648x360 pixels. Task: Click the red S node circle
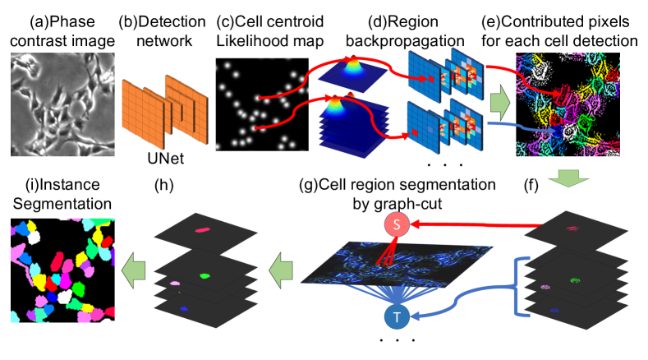coord(397,224)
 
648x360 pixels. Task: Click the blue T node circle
coord(397,317)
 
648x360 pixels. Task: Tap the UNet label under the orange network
coord(166,159)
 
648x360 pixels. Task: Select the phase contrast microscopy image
coord(62,104)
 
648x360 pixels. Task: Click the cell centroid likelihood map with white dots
coord(262,104)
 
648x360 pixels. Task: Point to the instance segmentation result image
coord(62,270)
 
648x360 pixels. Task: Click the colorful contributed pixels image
coord(568,104)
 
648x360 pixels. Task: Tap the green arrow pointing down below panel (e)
coord(568,178)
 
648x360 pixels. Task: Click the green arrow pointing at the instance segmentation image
coord(134,271)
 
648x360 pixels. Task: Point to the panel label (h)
coord(164,186)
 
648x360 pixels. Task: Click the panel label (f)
coord(531,186)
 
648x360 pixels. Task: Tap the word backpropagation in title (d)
coord(405,41)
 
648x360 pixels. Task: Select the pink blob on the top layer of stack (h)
coord(202,229)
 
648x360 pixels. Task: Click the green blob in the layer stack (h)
coord(205,275)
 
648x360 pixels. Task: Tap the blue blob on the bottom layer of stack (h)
coord(184,309)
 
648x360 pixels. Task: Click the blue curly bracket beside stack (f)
coord(517,287)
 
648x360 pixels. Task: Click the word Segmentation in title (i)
coord(62,204)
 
